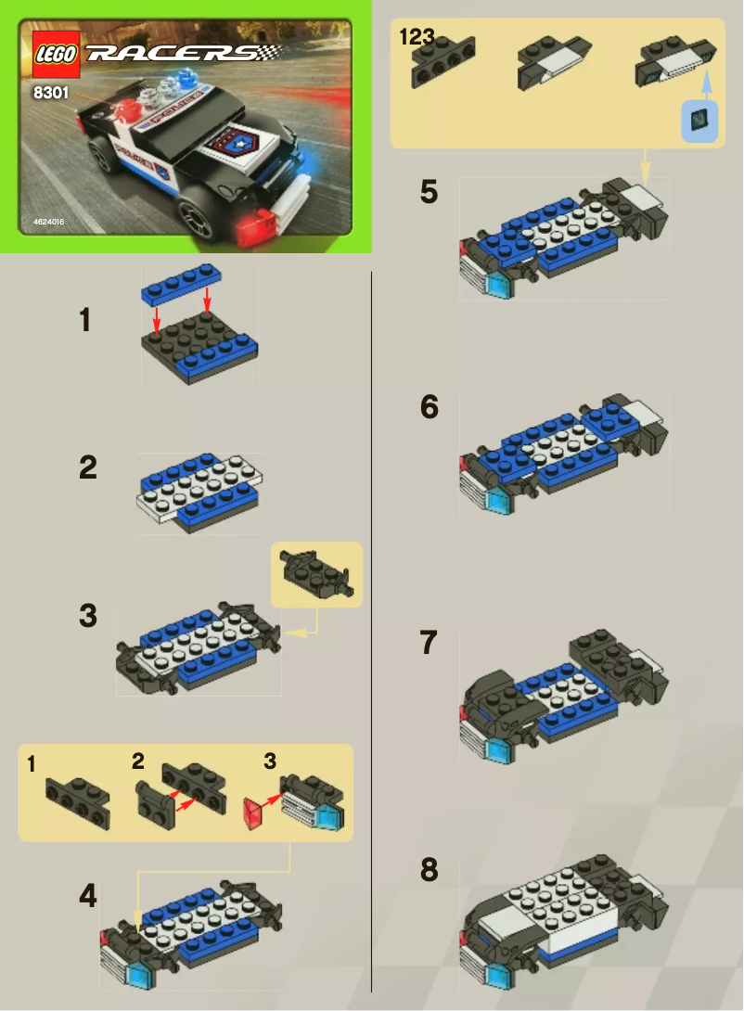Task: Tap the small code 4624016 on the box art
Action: pyautogui.click(x=48, y=222)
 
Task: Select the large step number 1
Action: pyautogui.click(x=85, y=321)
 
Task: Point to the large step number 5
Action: pyautogui.click(x=429, y=192)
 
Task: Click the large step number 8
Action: pyautogui.click(x=429, y=870)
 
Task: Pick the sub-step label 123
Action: pyautogui.click(x=417, y=37)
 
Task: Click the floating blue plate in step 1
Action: pyautogui.click(x=183, y=282)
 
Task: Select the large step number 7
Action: pyautogui.click(x=428, y=643)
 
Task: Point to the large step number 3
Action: pyautogui.click(x=87, y=616)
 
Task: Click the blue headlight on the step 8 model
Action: pyautogui.click(x=496, y=974)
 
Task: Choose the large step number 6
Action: pyautogui.click(x=429, y=406)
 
